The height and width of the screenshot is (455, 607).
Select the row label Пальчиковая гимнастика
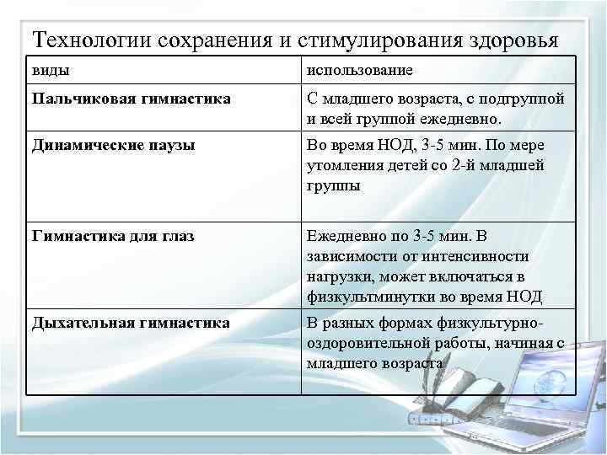coord(131,99)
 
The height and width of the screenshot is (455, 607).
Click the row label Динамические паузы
coord(114,145)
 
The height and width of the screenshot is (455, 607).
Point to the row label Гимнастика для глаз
coord(113,236)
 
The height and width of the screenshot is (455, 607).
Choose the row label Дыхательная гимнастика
coord(131,323)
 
